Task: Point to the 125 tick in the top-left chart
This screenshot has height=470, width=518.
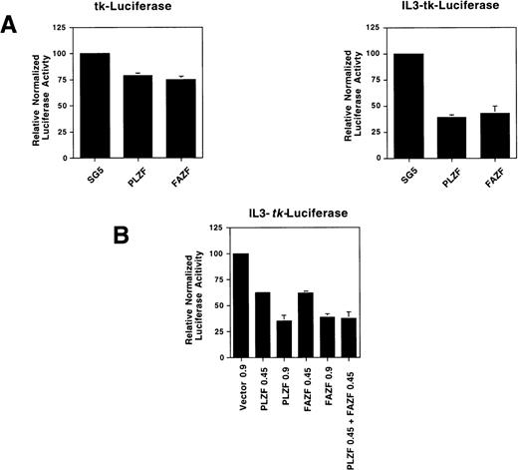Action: tap(66, 28)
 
